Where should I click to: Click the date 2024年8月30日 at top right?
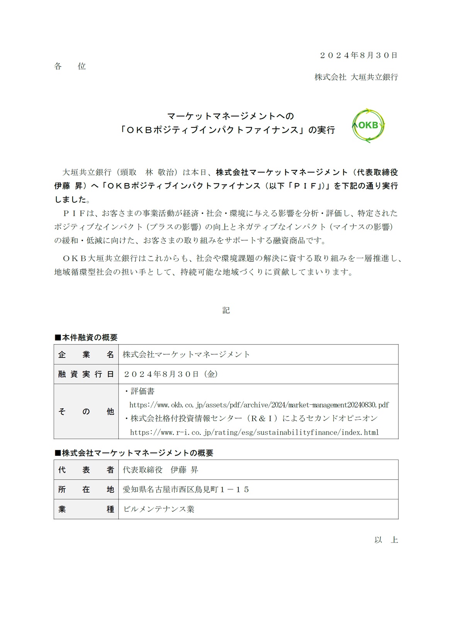coord(359,55)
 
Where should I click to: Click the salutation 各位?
coord(70,66)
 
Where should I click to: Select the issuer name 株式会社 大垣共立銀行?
coord(356,77)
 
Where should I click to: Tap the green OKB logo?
coord(368,126)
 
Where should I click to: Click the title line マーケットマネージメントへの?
coord(231,116)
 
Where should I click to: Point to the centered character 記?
coord(226,311)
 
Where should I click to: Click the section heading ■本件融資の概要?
coord(86,338)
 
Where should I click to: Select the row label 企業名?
coord(86,355)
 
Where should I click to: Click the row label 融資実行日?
coord(86,374)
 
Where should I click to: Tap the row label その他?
coord(86,412)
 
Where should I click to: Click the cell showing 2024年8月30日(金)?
coord(170,374)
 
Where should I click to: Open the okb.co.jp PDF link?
coord(259,405)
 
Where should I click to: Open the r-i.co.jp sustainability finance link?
coord(254,433)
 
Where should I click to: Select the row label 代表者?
coord(86,470)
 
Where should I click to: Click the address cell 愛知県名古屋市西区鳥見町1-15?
coord(186,490)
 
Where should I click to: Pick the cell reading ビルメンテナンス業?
coord(158,509)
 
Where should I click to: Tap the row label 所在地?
coord(86,490)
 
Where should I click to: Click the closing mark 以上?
coord(386,540)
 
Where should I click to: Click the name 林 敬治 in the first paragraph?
coord(160,172)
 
